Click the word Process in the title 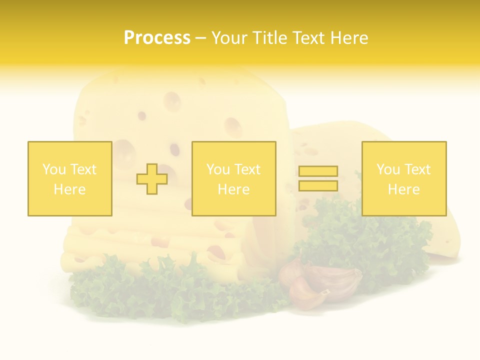(x=157, y=38)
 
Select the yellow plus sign (x=152, y=179)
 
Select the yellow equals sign (x=318, y=178)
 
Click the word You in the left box (x=53, y=169)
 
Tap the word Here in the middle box (x=233, y=189)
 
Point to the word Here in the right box (x=404, y=189)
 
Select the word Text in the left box (x=82, y=169)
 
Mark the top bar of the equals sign (x=318, y=171)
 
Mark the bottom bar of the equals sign (x=318, y=185)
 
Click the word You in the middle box (x=217, y=169)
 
